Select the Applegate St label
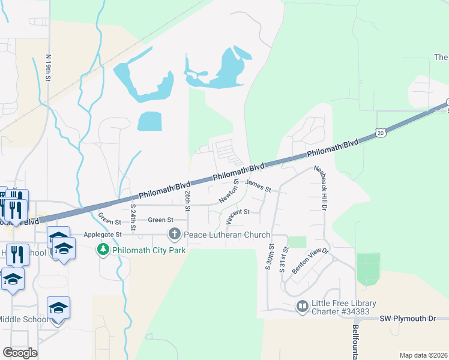click(101, 234)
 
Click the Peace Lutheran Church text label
click(227, 235)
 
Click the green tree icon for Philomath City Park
click(103, 249)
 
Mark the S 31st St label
click(283, 259)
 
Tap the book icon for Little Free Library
click(302, 307)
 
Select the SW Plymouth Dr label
click(406, 318)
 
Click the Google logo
click(20, 353)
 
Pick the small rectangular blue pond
click(149, 121)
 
